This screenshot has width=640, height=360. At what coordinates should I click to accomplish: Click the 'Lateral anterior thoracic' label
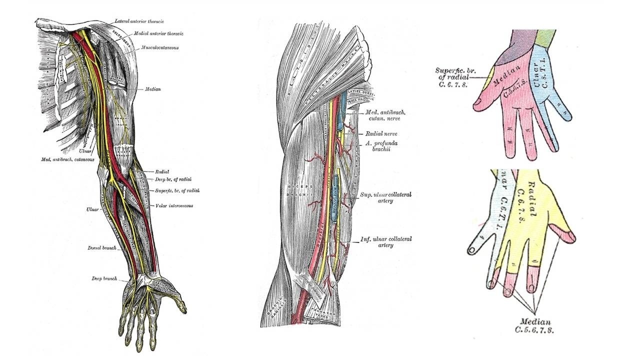coord(139,21)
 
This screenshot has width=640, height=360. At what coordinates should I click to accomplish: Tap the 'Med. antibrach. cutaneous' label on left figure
coord(68,160)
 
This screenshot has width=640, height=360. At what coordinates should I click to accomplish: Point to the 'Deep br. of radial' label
coord(173,179)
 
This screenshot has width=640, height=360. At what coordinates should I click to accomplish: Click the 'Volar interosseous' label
coord(174,205)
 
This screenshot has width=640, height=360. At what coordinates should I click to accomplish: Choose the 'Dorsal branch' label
coord(102,248)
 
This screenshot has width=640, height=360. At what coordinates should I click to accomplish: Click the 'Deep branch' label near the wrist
coord(104,278)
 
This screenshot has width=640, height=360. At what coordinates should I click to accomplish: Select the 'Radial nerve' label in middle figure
coord(381,134)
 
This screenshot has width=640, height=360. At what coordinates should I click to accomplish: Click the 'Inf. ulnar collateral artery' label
coord(386,242)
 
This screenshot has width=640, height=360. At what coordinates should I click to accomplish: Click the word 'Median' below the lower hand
coord(535,322)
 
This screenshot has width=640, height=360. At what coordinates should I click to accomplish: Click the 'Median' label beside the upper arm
coord(153,89)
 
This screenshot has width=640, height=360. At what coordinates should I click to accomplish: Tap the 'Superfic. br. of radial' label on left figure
coord(178,190)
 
